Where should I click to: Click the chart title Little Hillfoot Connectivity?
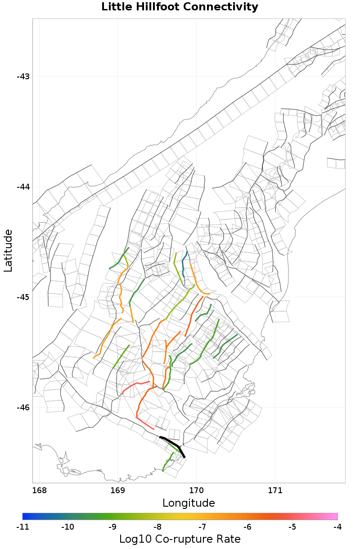tap(180, 7)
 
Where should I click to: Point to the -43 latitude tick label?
tap(23, 76)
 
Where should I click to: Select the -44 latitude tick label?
tap(23, 186)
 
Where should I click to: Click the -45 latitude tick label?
tap(23, 297)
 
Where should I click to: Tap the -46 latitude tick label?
tap(23, 407)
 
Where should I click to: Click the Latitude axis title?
tap(8, 250)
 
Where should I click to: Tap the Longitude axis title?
tap(189, 503)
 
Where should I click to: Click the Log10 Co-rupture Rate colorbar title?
tap(180, 539)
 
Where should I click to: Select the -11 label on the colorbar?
tap(22, 526)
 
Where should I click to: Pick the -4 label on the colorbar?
tap(337, 526)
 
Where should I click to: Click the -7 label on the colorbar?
tap(202, 526)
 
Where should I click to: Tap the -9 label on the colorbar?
tap(112, 526)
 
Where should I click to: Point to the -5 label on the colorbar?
tap(292, 526)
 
